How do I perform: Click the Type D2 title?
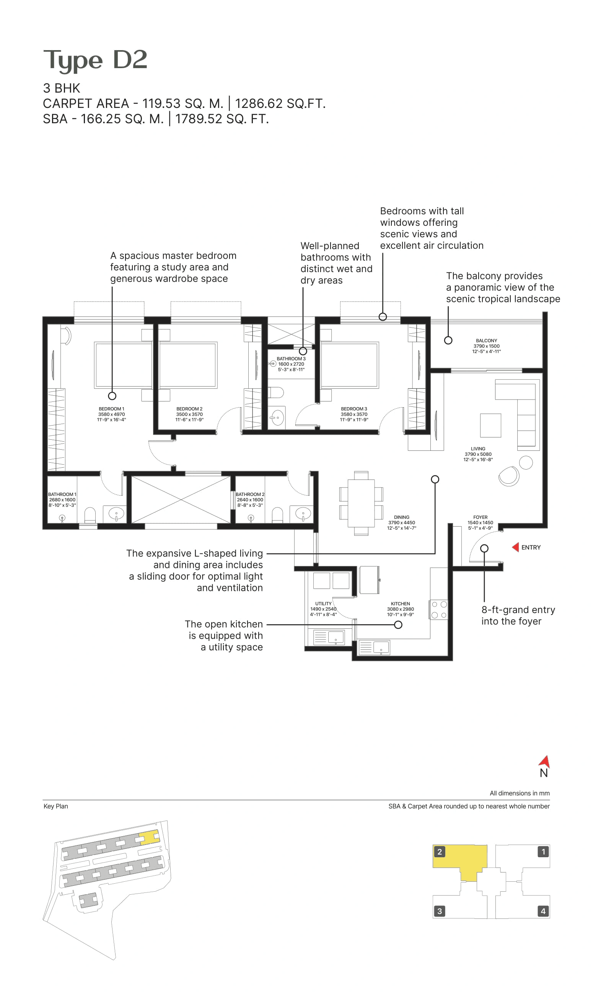(x=95, y=60)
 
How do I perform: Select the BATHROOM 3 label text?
(x=291, y=359)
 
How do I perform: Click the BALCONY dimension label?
(x=486, y=346)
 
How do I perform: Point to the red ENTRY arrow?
(x=515, y=547)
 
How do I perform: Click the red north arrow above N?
(x=545, y=761)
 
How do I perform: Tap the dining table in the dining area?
(x=361, y=503)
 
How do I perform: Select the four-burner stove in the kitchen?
(x=439, y=609)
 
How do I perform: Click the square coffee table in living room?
(x=490, y=425)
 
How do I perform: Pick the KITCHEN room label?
(x=401, y=604)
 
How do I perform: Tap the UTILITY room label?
(x=323, y=604)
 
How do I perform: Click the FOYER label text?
(x=480, y=517)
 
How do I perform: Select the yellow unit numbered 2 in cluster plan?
(x=459, y=859)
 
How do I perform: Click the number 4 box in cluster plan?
(x=542, y=911)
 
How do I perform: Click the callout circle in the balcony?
(x=448, y=341)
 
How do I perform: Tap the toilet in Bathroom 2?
(x=277, y=515)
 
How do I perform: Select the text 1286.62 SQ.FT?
(x=280, y=103)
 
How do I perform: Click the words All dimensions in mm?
(x=520, y=793)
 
